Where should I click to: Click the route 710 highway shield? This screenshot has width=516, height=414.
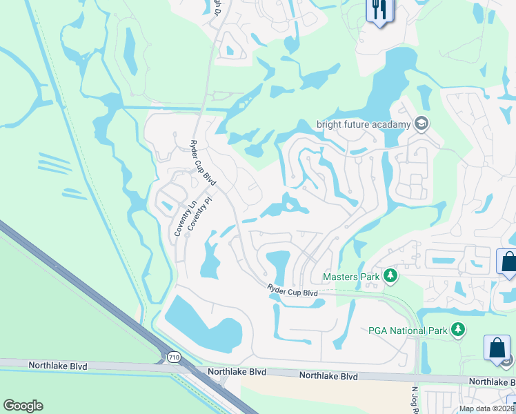click(173, 356)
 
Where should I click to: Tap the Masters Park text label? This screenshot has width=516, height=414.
click(351, 277)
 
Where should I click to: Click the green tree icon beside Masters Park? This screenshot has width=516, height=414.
click(390, 277)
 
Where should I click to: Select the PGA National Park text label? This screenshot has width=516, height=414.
click(408, 331)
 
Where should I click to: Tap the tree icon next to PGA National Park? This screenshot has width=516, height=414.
click(457, 331)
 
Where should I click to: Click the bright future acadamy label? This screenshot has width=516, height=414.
click(364, 125)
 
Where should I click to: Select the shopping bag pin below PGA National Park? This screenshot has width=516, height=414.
click(497, 348)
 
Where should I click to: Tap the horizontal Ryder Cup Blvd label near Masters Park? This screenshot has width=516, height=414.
click(292, 293)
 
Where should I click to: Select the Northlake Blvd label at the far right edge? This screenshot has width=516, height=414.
click(491, 382)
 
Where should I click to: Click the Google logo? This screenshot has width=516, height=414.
click(23, 406)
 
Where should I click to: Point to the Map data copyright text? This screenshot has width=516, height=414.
click(486, 408)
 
